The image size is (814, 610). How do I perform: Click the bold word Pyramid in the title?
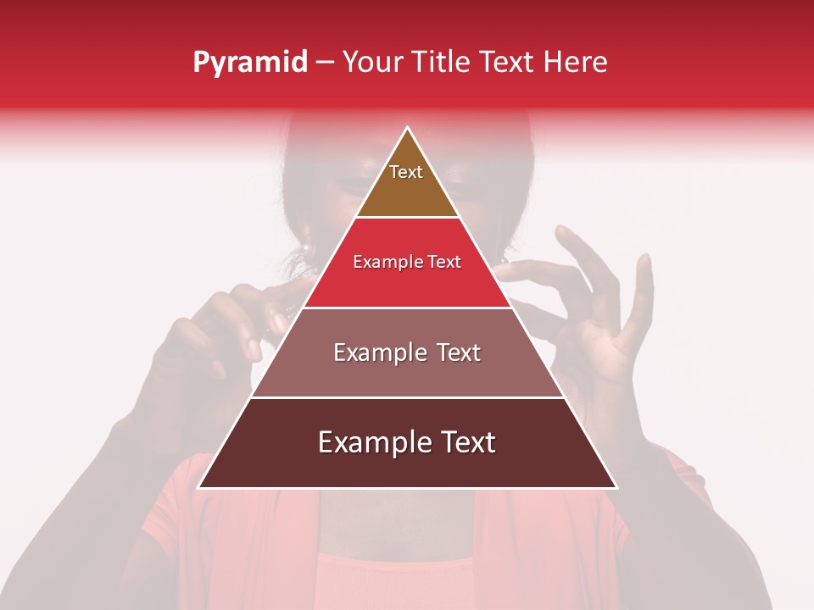click(x=249, y=63)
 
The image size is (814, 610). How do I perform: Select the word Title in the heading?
click(x=442, y=62)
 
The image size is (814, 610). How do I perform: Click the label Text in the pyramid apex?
click(x=406, y=172)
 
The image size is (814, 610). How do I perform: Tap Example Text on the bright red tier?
click(x=407, y=262)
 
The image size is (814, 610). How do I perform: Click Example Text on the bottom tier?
click(x=407, y=442)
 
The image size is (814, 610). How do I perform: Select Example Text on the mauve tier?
click(x=407, y=352)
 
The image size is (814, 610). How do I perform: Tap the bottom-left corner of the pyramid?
click(x=199, y=487)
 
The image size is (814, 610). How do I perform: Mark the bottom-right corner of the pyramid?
click(x=616, y=487)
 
